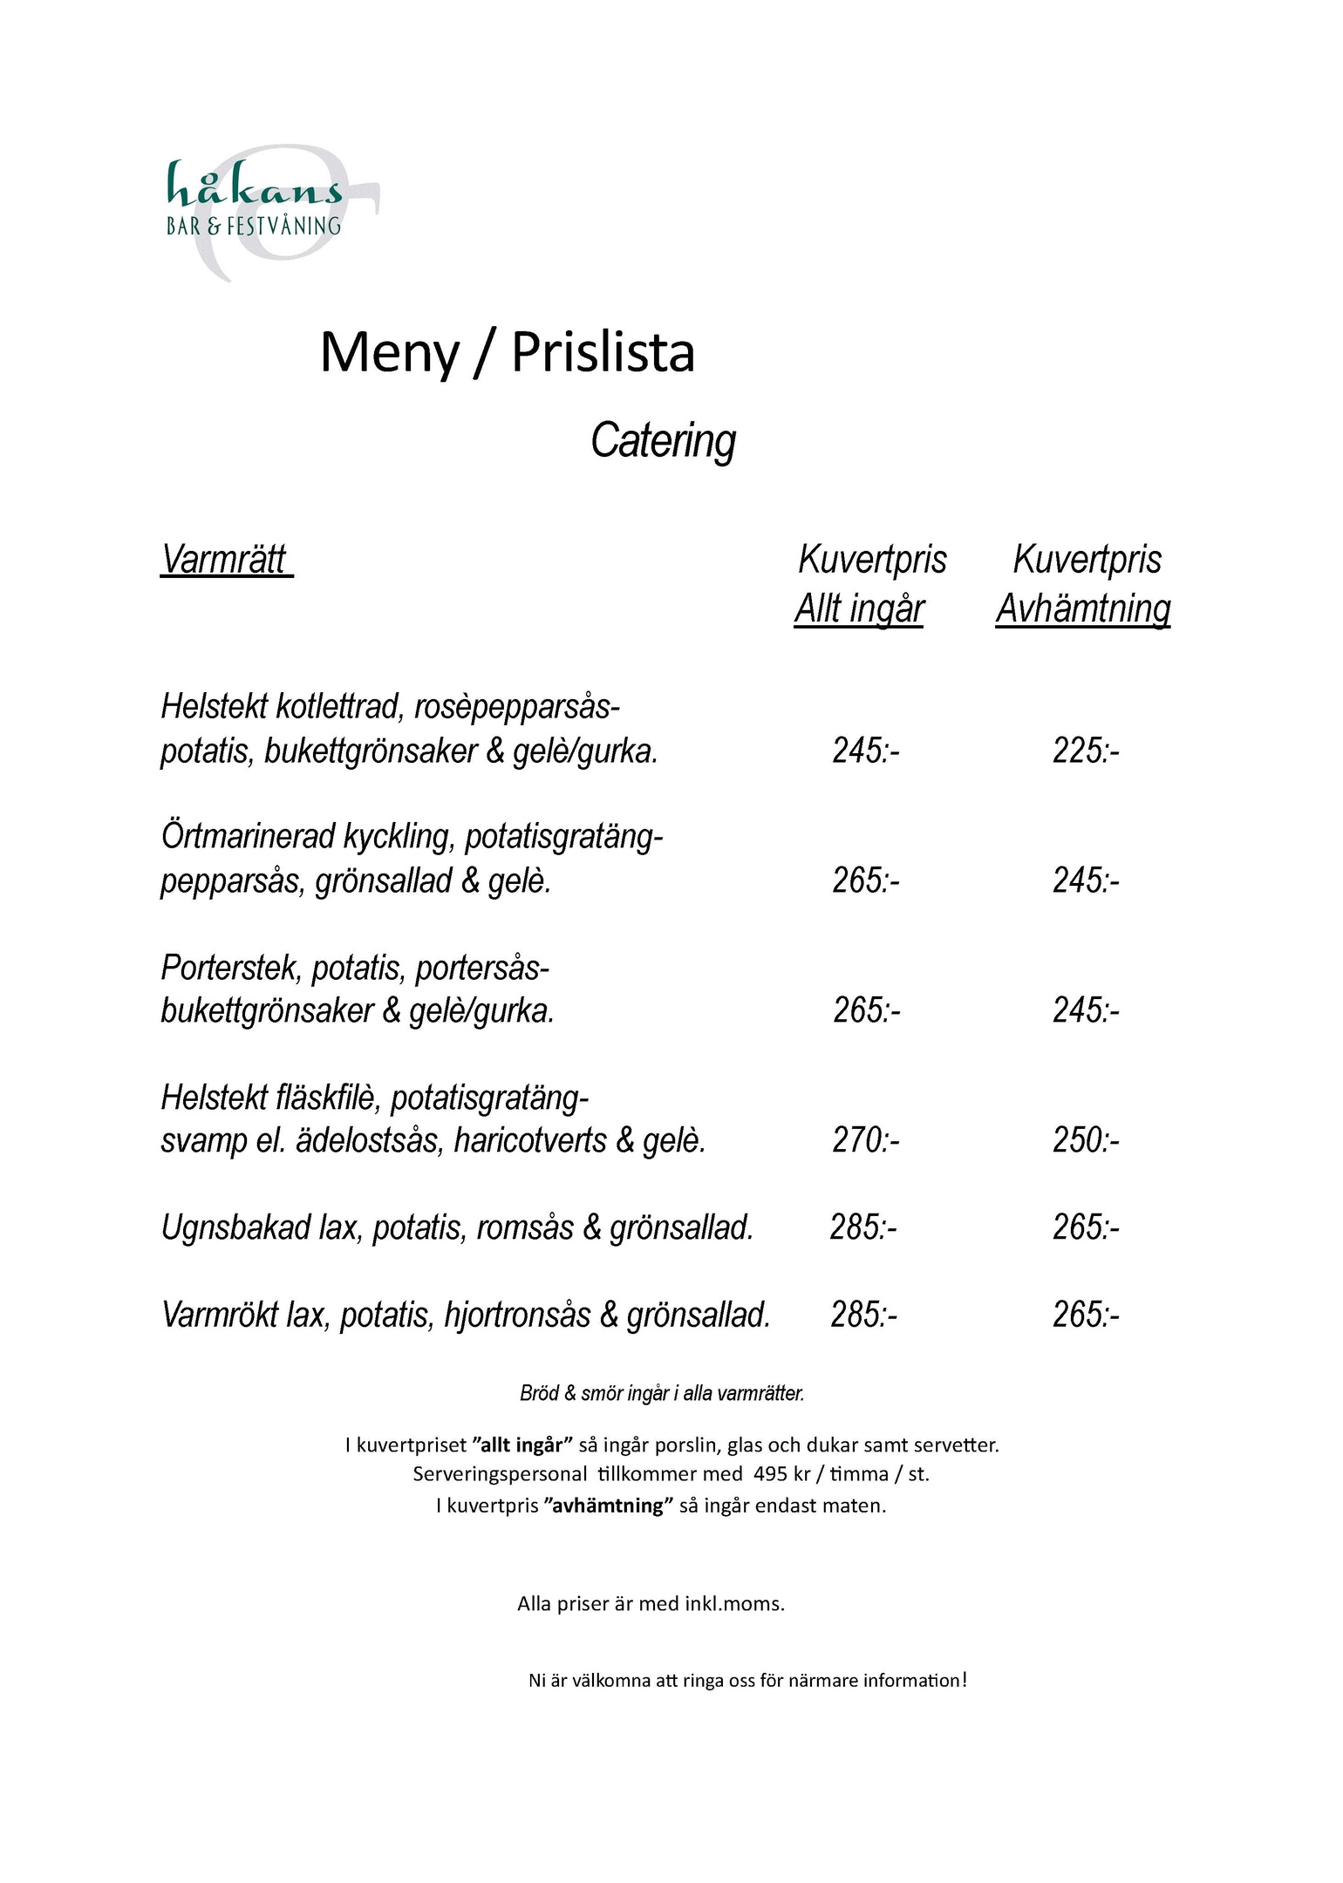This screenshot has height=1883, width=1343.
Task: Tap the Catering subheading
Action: click(x=663, y=440)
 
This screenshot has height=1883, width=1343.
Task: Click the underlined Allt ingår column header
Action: click(x=859, y=608)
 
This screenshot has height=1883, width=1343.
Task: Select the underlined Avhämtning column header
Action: click(x=1083, y=608)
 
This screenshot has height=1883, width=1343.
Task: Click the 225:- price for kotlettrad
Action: click(x=1086, y=750)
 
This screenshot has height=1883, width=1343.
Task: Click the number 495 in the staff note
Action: click(x=770, y=1473)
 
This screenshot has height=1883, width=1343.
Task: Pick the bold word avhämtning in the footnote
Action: click(x=609, y=1506)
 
